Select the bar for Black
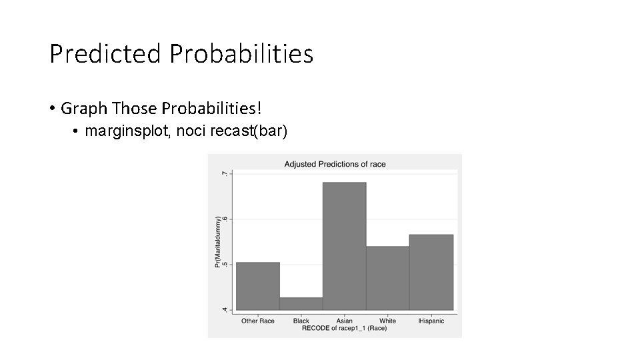coord(301,303)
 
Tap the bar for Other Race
coord(258,286)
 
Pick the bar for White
coord(387,278)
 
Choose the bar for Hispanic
coord(431,272)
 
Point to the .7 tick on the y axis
coord(225,173)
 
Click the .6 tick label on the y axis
coord(225,219)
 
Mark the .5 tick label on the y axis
coord(225,264)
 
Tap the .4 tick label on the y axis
coord(225,309)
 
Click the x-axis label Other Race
coord(258,321)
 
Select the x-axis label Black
coord(301,321)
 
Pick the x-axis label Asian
coord(344,321)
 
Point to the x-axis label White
coord(387,321)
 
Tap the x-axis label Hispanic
coord(431,321)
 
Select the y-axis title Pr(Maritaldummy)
coord(217,241)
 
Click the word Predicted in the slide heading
coord(105,53)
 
